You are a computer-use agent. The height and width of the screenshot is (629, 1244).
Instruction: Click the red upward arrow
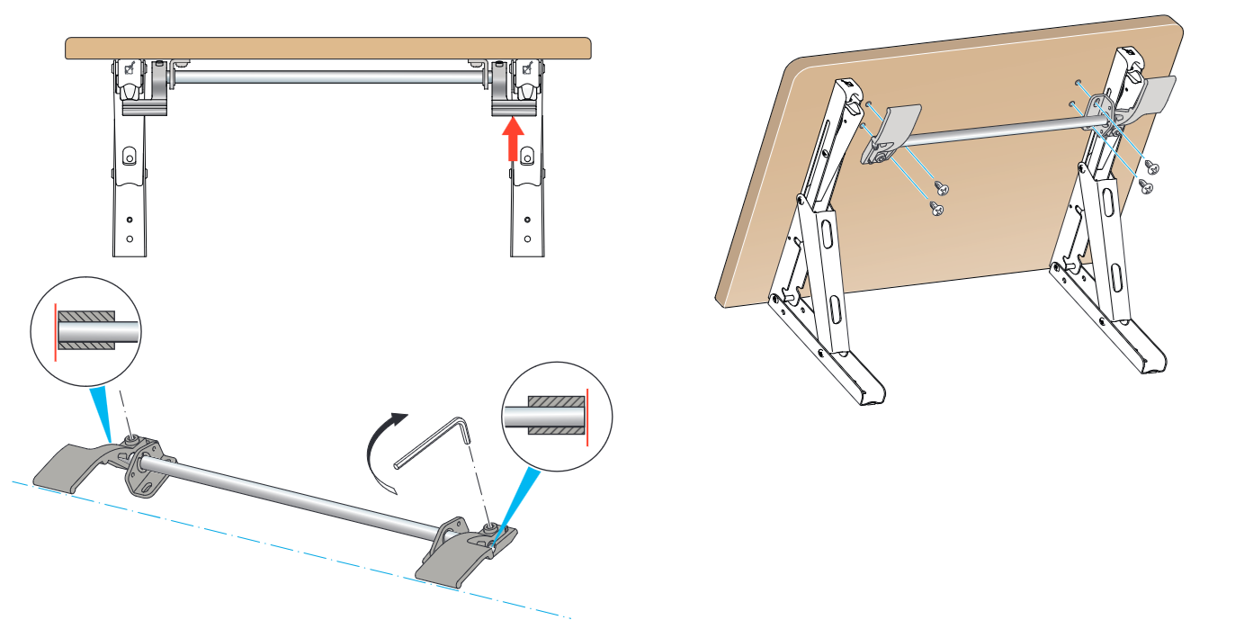point(512,139)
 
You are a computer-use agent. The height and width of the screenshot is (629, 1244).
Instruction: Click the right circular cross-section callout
point(557,417)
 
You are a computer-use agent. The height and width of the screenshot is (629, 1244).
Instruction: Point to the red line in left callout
point(55,332)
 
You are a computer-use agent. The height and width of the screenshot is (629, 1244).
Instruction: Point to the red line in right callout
point(587,417)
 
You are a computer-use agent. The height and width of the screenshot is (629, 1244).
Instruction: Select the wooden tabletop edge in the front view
point(328,48)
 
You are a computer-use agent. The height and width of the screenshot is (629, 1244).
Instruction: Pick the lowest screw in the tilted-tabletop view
point(936,209)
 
